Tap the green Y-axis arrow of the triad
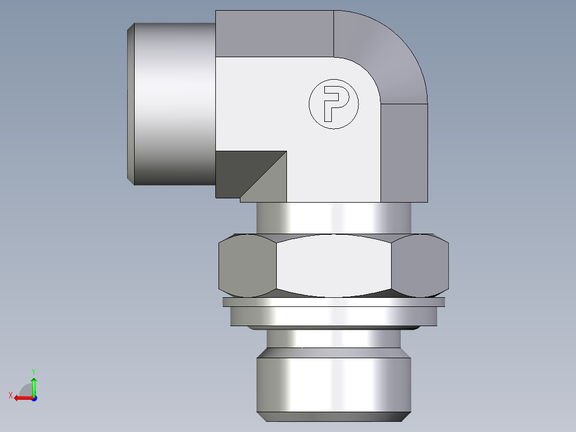point(34,384)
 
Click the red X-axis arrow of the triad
point(21,398)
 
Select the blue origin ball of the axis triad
point(34,398)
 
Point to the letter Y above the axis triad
point(33,371)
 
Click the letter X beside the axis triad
point(10,395)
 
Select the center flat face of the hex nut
point(334,266)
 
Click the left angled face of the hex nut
point(248,266)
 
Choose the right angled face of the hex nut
point(419,266)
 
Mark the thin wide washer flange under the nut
point(334,302)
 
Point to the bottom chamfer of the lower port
point(334,417)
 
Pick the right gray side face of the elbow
point(404,152)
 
